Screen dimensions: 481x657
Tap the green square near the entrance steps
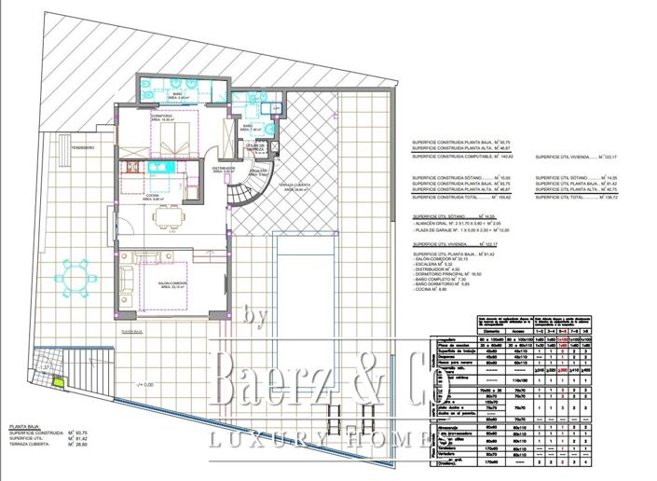pos(58,381)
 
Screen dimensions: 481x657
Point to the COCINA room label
pos(152,197)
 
